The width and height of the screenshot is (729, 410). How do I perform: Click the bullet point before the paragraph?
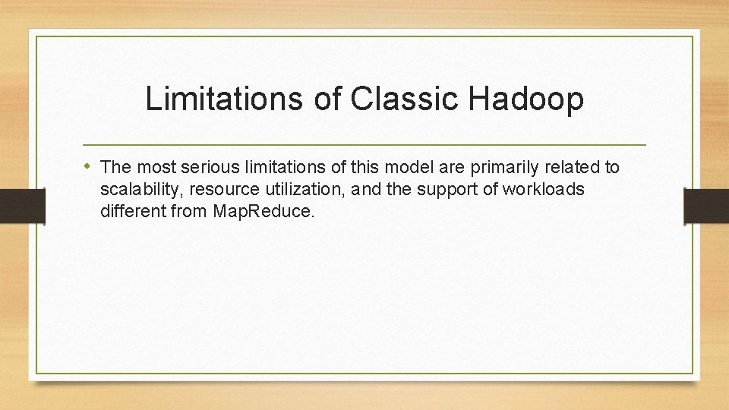pyautogui.click(x=90, y=166)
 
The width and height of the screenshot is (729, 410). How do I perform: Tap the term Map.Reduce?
pyautogui.click(x=263, y=211)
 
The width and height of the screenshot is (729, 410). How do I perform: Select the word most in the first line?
pyautogui.click(x=150, y=166)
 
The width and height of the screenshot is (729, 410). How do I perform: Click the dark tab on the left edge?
pyautogui.click(x=22, y=205)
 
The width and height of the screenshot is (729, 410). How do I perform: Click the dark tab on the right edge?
pyautogui.click(x=706, y=205)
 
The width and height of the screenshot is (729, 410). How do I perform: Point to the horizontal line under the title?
pyautogui.click(x=364, y=144)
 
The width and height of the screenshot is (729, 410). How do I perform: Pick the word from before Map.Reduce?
pyautogui.click(x=189, y=211)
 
